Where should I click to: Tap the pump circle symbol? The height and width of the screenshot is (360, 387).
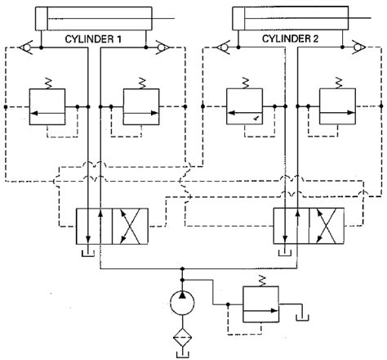click(181, 303)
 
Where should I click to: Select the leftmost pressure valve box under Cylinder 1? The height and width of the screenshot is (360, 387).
click(51, 107)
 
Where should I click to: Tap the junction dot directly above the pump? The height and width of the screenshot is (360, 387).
click(181, 267)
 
